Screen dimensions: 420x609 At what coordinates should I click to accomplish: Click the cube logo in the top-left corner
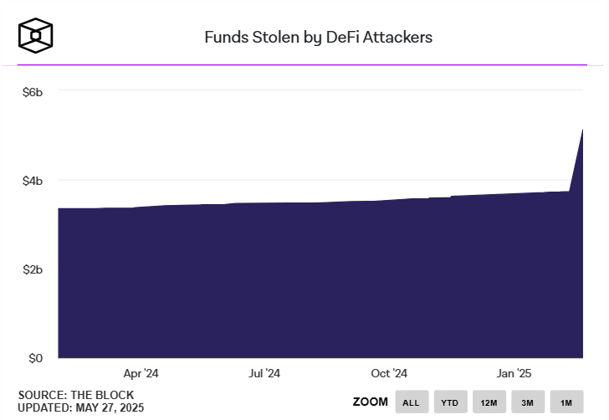pyautogui.click(x=36, y=35)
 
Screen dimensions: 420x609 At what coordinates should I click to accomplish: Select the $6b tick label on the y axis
pyautogui.click(x=32, y=91)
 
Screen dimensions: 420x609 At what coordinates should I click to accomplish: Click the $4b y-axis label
pyautogui.click(x=32, y=181)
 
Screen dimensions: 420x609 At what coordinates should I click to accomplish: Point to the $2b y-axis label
pyautogui.click(x=32, y=269)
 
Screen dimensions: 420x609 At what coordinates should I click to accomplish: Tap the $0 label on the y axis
pyautogui.click(x=35, y=358)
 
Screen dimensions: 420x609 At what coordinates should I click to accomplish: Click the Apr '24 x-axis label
pyautogui.click(x=141, y=373)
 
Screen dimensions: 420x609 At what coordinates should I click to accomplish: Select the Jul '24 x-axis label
pyautogui.click(x=264, y=373)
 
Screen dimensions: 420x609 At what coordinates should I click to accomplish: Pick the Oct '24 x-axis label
pyautogui.click(x=389, y=373)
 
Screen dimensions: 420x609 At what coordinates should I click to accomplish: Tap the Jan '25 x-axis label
pyautogui.click(x=514, y=373)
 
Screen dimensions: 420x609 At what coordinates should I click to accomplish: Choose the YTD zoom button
pyautogui.click(x=450, y=402)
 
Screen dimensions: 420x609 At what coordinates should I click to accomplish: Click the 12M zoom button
pyautogui.click(x=489, y=402)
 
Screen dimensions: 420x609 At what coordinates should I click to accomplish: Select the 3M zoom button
pyautogui.click(x=528, y=402)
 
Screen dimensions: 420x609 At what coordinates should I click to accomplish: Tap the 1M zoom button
pyautogui.click(x=566, y=402)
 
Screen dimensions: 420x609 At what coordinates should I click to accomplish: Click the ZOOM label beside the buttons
pyautogui.click(x=371, y=402)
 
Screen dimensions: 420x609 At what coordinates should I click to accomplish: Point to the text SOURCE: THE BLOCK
pyautogui.click(x=75, y=395)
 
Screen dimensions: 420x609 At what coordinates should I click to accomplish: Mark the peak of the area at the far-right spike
pyautogui.click(x=581, y=130)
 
